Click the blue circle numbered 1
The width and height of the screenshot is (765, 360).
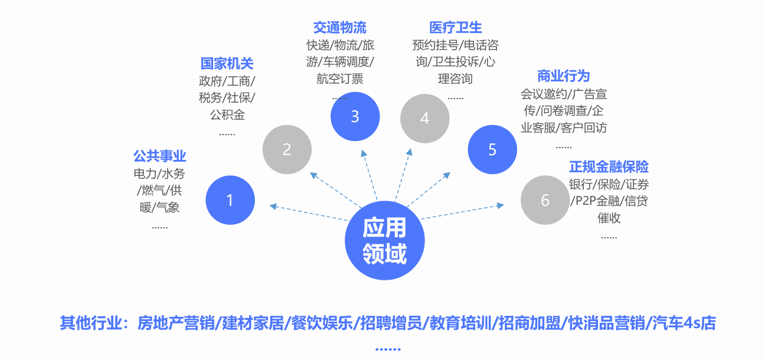[x=230, y=200]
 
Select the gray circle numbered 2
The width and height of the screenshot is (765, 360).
[x=287, y=149]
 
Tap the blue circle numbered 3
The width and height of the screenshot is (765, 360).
[x=355, y=116]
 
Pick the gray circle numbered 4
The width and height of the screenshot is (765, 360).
[x=424, y=118]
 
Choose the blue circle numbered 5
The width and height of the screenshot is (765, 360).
[x=492, y=149]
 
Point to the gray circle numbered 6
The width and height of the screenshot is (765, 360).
[x=545, y=200]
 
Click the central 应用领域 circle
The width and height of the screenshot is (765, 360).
[x=384, y=241]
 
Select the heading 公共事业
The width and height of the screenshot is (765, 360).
[x=159, y=156]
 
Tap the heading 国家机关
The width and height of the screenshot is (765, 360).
[x=227, y=64]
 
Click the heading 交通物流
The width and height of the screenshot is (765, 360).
[x=340, y=27]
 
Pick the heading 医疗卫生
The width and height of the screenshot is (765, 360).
[x=456, y=27]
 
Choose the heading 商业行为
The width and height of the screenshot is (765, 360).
[x=564, y=76]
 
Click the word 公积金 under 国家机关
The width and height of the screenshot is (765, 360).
[x=227, y=114]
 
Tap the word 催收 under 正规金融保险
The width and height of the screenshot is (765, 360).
[x=609, y=218]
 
